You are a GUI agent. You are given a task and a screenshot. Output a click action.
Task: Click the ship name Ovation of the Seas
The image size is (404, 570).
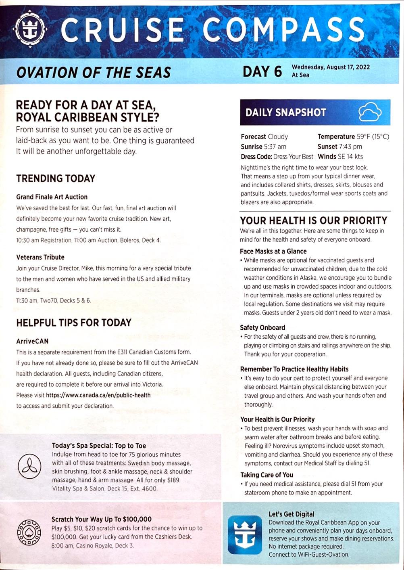(94, 73)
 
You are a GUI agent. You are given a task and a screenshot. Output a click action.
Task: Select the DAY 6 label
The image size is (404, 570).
(262, 71)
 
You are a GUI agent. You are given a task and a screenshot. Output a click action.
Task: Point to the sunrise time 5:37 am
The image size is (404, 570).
(275, 147)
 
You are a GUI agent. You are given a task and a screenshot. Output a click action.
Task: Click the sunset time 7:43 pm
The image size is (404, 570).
(350, 147)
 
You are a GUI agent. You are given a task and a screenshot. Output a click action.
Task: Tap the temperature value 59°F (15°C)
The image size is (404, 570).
(373, 136)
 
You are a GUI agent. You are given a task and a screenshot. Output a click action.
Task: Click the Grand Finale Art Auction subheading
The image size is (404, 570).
(52, 197)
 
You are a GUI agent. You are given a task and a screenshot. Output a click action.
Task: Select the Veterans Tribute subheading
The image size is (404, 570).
(40, 257)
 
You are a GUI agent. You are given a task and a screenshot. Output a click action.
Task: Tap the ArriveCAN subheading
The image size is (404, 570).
(32, 341)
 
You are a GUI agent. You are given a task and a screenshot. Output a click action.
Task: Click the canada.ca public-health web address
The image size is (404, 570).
(98, 395)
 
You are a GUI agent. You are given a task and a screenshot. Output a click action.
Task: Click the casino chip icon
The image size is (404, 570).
(29, 532)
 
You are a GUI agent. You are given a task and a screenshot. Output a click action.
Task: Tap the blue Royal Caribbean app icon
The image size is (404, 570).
(244, 534)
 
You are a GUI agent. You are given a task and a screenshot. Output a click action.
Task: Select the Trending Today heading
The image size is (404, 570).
(56, 178)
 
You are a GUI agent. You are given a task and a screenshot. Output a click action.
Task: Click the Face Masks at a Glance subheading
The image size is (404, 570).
(273, 251)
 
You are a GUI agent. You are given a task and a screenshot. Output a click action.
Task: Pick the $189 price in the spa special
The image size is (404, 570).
(173, 480)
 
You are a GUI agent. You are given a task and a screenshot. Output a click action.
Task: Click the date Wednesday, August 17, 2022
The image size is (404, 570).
(331, 67)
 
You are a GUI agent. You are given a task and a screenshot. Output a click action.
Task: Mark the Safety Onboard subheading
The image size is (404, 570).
(262, 328)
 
